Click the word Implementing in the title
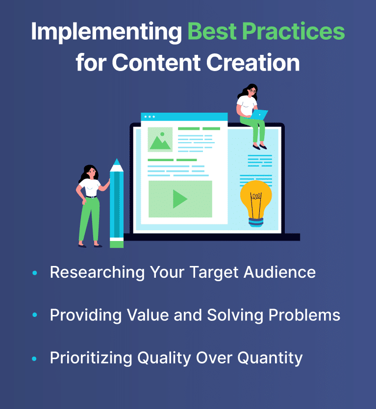coord(106,32)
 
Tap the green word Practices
coord(294,31)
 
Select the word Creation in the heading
coord(253,63)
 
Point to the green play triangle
coord(179,199)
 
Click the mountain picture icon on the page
coord(160,140)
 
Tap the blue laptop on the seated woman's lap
coord(259,115)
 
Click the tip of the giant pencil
coord(117,160)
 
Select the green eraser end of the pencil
coord(117,244)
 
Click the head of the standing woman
coord(90,172)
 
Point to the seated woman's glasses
coord(252,91)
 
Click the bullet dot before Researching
coord(34,273)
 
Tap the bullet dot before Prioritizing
coord(34,359)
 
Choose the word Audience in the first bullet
coord(279,272)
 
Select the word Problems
coord(304,315)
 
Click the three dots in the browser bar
coord(150,117)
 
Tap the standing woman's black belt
coord(91,197)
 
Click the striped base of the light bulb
coord(256,222)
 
